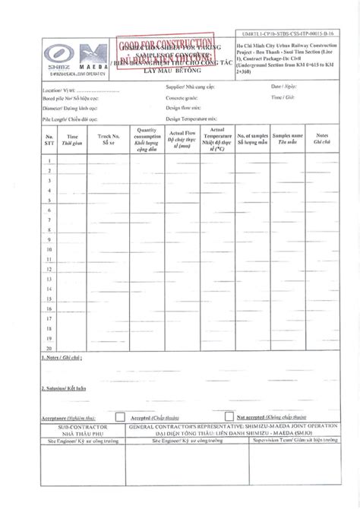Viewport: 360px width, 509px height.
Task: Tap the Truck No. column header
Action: tap(106, 138)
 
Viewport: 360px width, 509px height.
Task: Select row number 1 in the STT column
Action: tap(49, 160)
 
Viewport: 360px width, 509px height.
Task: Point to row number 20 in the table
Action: tap(49, 348)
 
